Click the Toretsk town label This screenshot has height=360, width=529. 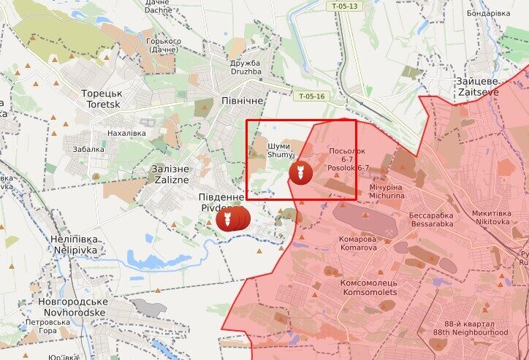pos(101,99)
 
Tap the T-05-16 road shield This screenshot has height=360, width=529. pos(311,96)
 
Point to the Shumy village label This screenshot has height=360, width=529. pos(279,149)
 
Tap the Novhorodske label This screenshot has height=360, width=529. pos(75,307)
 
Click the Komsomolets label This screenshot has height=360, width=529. pos(369,287)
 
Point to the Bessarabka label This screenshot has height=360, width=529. pos(431,221)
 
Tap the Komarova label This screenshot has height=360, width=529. pos(358,243)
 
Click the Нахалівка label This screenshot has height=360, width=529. pos(126,133)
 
